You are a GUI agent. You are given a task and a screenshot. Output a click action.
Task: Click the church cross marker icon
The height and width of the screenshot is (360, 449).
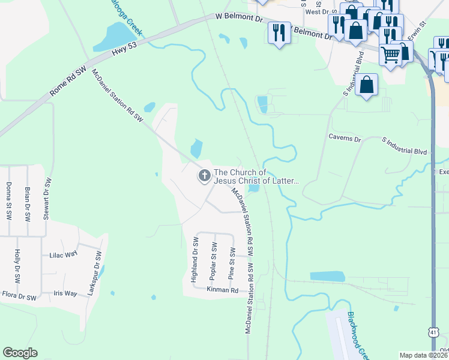204,176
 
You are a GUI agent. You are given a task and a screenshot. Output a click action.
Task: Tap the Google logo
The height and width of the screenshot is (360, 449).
20,353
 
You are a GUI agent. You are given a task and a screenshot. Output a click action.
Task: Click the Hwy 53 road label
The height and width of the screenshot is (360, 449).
124,52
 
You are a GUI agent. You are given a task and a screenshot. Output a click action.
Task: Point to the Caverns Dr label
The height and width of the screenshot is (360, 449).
344,139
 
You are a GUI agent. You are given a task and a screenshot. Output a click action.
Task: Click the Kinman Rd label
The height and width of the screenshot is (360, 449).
222,290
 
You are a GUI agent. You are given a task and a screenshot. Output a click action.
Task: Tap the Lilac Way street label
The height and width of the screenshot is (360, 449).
64,254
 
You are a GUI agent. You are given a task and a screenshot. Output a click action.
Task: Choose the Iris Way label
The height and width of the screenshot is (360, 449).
65,293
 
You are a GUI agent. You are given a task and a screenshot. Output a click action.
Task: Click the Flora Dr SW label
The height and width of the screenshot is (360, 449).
19,296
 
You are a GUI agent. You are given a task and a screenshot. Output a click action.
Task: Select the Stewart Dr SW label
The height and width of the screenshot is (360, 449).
47,198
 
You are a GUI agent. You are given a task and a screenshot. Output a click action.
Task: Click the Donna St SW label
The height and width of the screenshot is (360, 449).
8,200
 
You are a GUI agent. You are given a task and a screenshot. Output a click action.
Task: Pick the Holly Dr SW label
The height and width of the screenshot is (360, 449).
17,266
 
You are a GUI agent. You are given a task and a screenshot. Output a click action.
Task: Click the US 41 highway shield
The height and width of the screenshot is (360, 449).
433,332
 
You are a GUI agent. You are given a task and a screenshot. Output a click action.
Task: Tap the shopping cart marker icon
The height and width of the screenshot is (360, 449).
391,55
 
